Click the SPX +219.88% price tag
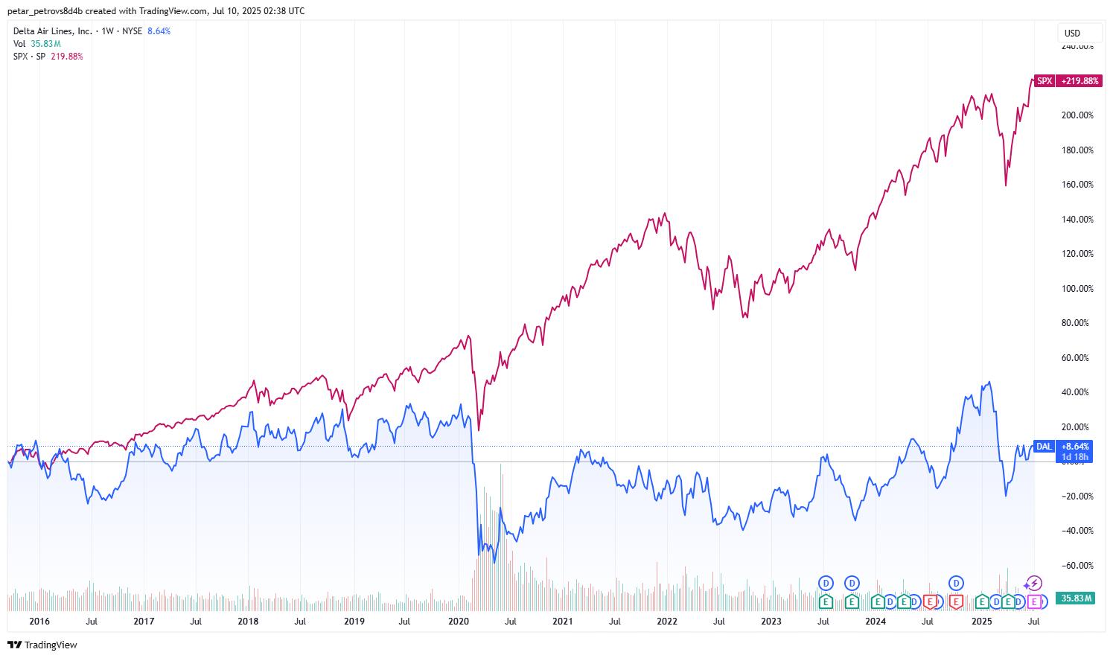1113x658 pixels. click(1066, 81)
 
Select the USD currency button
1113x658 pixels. click(1072, 33)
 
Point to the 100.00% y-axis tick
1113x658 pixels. click(1077, 289)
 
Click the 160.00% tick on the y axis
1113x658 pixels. click(1077, 185)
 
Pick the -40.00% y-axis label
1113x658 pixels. click(1077, 531)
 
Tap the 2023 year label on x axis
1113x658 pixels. click(771, 621)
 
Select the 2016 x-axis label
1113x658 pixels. click(39, 621)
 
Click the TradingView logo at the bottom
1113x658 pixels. click(42, 645)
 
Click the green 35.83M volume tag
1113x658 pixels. click(1076, 598)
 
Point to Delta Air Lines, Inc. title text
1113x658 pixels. click(53, 31)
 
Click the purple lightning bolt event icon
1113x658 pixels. click(1034, 584)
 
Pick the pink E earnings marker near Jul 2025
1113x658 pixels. click(1033, 601)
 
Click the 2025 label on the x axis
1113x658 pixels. click(981, 621)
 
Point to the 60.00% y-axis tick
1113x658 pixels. click(1077, 358)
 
